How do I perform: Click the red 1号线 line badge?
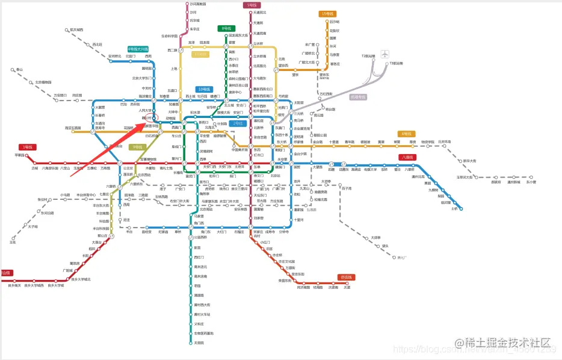click(x=26, y=147)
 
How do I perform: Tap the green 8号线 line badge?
click(x=226, y=28)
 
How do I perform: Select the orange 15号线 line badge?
click(x=327, y=14)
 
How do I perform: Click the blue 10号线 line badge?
click(x=204, y=89)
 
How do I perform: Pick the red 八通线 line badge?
click(x=407, y=157)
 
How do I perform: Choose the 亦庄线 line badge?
click(x=345, y=277)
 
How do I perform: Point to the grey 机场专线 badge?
click(x=358, y=96)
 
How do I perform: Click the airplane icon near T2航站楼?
click(x=384, y=54)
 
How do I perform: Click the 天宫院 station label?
click(x=199, y=343)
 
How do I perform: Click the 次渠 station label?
click(x=347, y=287)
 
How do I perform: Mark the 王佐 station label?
click(x=13, y=242)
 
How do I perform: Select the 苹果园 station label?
click(x=20, y=155)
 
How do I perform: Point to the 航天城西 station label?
click(x=76, y=29)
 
